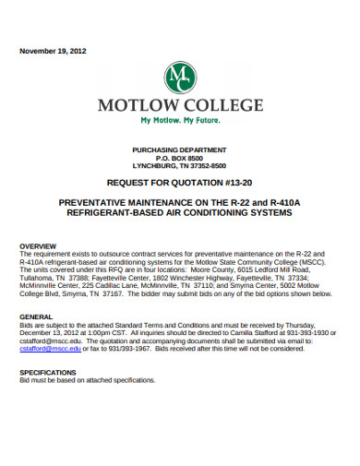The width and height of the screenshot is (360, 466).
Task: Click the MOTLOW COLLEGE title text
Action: coord(180,104)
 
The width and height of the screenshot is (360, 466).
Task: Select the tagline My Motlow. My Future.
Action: coord(180,121)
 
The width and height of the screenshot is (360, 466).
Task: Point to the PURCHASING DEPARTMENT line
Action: coord(179,149)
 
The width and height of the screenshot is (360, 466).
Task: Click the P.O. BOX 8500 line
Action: coord(179,158)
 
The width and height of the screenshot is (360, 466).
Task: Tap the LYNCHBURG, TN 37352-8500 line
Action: coord(179,166)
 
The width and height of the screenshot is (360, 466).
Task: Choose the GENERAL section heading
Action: coord(36,316)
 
